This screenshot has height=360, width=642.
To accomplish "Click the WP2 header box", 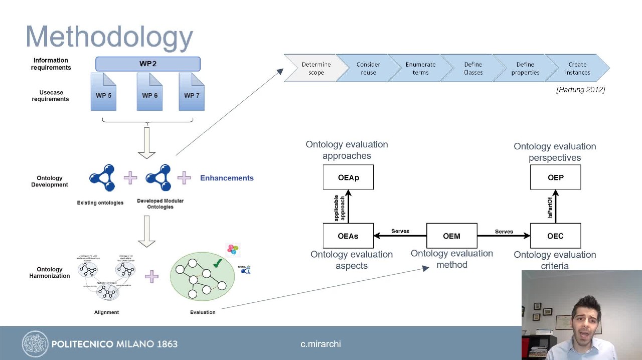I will point(148,64).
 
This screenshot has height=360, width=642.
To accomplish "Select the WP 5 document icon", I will point(104,92).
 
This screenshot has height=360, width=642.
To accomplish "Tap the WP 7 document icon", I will point(192,92).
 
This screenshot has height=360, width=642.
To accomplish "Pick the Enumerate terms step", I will point(420,68).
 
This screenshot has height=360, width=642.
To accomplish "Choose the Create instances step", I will point(577,68).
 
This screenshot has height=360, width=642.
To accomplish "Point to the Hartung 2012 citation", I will point(580,89).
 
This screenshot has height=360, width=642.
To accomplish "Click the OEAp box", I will point(348,177).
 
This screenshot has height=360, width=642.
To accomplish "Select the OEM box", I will point(451,236).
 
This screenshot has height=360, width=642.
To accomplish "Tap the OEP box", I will point(555,177).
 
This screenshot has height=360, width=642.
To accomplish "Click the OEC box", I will point(555,236).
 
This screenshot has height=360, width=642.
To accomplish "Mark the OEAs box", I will point(348,236).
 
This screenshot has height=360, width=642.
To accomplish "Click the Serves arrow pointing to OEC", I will point(504,235).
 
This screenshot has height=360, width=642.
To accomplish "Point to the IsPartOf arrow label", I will point(550,207).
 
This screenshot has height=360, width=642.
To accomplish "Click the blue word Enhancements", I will point(227,178).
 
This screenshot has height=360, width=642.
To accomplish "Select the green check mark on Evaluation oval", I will point(217,262).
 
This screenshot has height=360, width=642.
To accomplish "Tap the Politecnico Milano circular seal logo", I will point(35,343).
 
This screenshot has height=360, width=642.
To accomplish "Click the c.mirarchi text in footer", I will point(320,344).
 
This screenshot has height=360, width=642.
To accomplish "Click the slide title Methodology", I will point(109,37).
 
